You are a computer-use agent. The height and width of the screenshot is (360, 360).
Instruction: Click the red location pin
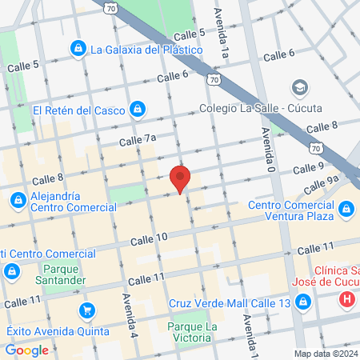(x=180, y=178)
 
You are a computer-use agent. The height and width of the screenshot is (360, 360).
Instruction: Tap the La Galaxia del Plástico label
(x=146, y=49)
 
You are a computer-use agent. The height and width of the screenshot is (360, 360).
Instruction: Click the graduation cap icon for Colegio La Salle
(x=299, y=86)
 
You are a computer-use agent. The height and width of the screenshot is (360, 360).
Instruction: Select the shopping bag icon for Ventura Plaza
(x=346, y=210)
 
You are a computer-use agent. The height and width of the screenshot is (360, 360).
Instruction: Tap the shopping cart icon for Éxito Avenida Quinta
(x=86, y=310)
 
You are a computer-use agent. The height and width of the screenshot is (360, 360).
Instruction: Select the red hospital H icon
(x=347, y=301)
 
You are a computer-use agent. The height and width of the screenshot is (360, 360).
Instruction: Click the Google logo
(x=26, y=350)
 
